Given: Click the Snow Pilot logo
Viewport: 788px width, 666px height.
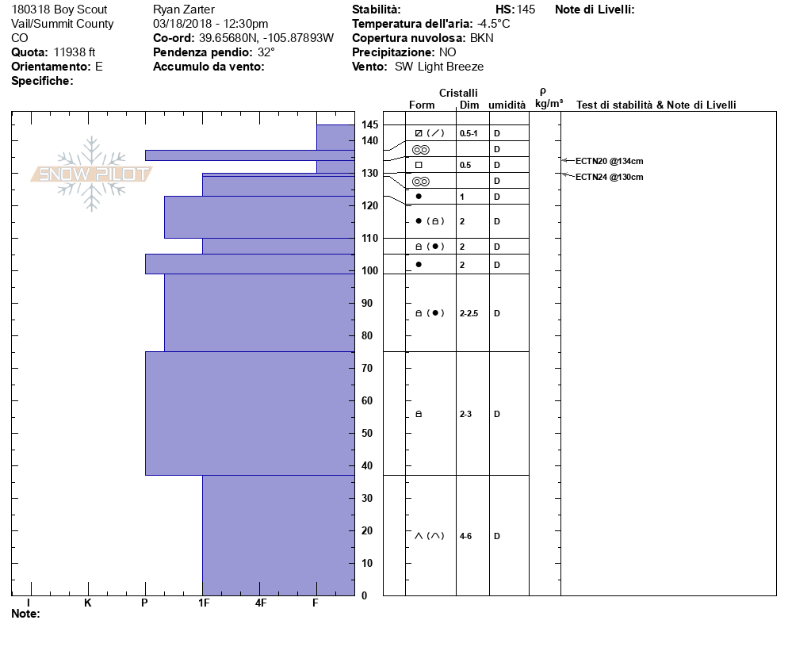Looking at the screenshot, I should click(x=91, y=174).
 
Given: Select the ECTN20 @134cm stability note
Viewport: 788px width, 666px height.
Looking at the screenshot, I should click(x=609, y=161).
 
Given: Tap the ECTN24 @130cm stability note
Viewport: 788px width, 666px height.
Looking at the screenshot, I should click(x=609, y=177).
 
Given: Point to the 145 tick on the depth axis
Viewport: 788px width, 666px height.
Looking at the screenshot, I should click(x=369, y=125).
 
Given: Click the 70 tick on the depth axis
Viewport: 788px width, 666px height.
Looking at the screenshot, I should click(x=368, y=369).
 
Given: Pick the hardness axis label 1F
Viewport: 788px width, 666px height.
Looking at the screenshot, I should click(x=204, y=603).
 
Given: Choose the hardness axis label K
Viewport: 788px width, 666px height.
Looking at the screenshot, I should click(x=88, y=603).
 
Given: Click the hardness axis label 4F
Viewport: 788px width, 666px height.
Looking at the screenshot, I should click(x=261, y=603).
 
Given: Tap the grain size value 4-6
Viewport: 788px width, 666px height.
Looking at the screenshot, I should click(x=466, y=536).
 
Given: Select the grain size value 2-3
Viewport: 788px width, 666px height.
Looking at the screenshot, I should click(x=466, y=414).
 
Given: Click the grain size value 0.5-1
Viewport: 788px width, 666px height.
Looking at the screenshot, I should click(x=469, y=133).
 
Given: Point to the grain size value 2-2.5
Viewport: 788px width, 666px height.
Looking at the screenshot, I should click(x=469, y=313).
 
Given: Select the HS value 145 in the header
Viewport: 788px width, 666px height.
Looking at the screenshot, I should click(x=526, y=10).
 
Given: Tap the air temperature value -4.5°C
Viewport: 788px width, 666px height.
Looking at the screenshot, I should click(x=494, y=24).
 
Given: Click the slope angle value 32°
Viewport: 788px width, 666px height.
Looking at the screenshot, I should click(x=266, y=52).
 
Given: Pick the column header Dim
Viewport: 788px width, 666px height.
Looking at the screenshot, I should click(x=469, y=105).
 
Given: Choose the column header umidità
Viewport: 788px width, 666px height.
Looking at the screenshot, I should click(x=507, y=105).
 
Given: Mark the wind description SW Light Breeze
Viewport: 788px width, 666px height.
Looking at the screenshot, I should click(x=439, y=67).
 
